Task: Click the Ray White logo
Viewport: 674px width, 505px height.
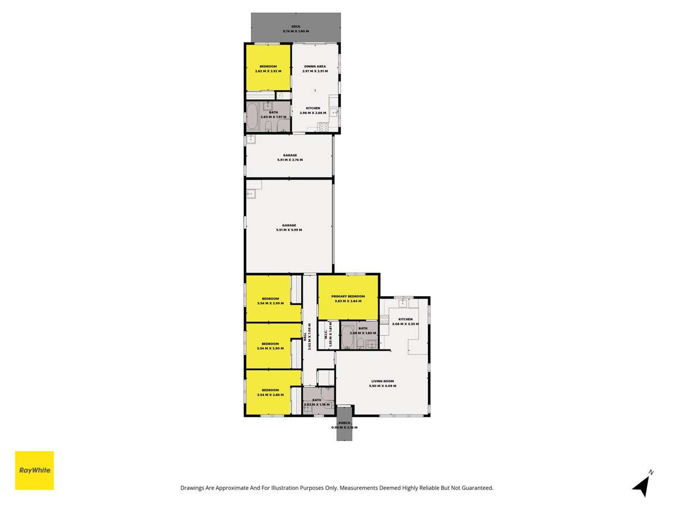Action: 34,470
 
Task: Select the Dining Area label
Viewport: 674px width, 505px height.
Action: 315,66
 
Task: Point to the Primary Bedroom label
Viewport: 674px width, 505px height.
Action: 348,296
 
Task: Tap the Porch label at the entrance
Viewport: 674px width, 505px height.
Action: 344,423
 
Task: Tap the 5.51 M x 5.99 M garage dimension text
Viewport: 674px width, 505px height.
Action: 289,230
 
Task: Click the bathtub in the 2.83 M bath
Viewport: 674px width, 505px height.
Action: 252,117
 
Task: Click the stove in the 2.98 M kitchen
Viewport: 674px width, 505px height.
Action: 324,127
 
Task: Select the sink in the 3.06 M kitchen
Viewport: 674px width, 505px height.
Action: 403,304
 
